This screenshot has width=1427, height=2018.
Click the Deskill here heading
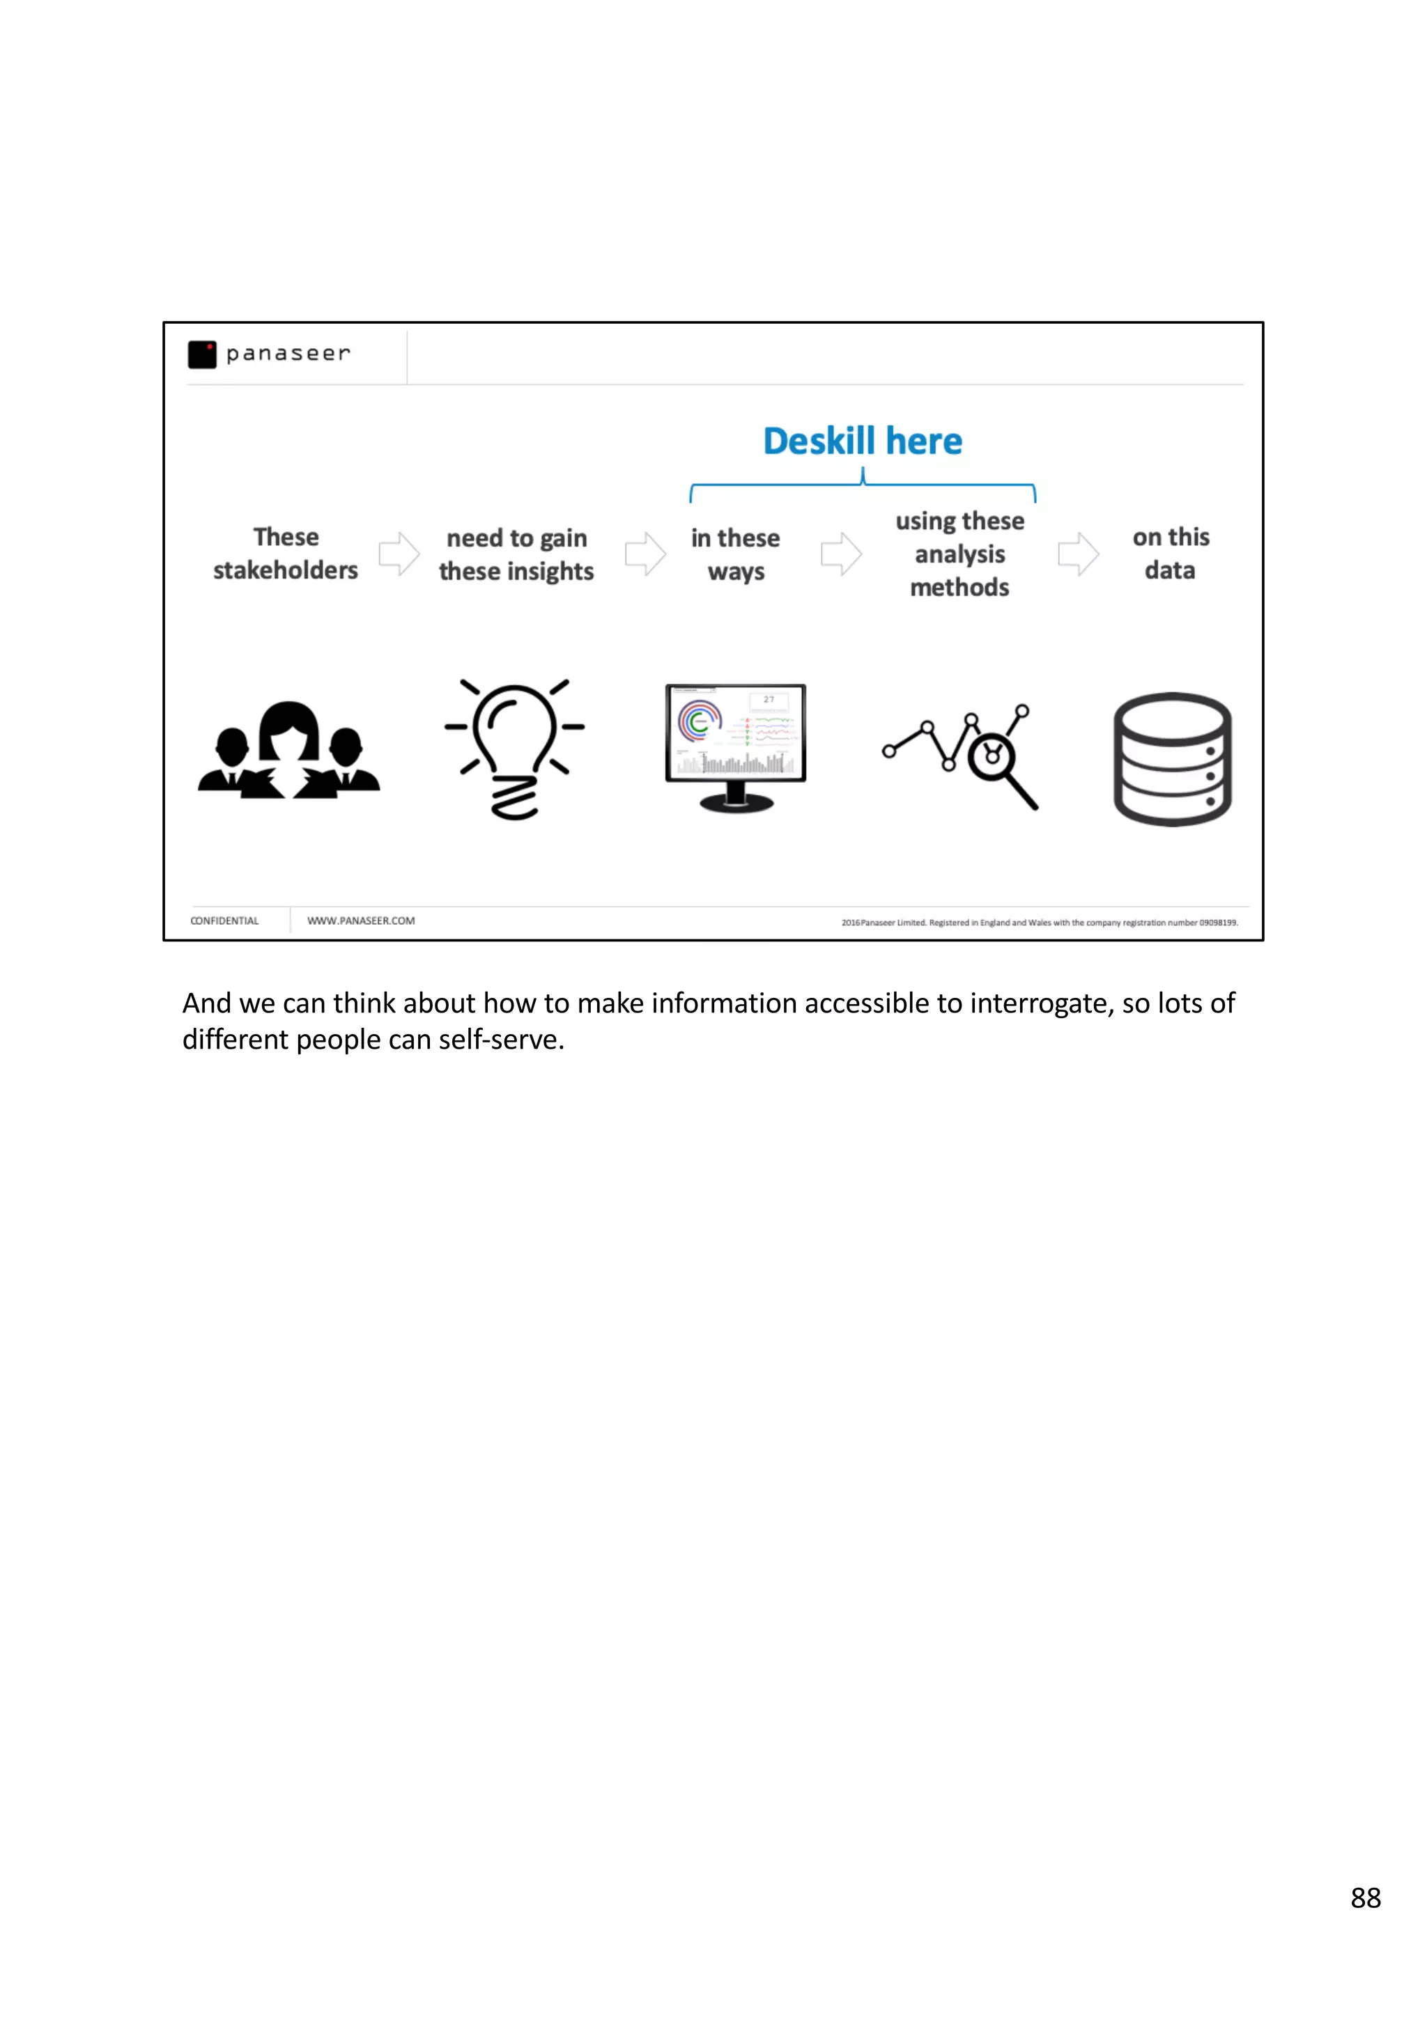click(862, 441)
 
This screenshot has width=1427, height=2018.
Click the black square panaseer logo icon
click(201, 354)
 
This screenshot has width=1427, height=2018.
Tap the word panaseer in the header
click(288, 353)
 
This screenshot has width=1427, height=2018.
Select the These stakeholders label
click(285, 554)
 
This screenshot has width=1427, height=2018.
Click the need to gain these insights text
click(516, 554)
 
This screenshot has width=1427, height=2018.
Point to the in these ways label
click(735, 554)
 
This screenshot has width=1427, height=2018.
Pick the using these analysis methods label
click(959, 554)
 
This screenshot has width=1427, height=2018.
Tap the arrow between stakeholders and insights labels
click(399, 554)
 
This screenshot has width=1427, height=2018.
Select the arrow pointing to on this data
click(1077, 554)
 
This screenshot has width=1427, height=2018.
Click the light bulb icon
click(514, 747)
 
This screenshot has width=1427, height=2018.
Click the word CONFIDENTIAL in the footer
click(224, 921)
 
